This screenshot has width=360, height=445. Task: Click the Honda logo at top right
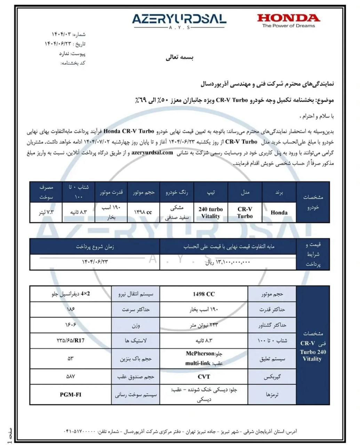pyautogui.click(x=288, y=18)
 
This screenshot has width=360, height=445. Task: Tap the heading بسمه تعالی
pyautogui.click(x=179, y=58)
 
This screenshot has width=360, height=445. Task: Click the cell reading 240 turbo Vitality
pyautogui.click(x=210, y=212)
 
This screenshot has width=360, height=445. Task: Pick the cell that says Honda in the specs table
pyautogui.click(x=279, y=212)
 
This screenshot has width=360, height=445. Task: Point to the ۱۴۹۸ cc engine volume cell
pyautogui.click(x=143, y=212)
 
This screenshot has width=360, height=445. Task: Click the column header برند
pyautogui.click(x=279, y=192)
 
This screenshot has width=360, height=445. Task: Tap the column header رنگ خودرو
pyautogui.click(x=177, y=192)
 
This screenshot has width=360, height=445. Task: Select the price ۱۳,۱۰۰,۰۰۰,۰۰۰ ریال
pyautogui.click(x=228, y=262)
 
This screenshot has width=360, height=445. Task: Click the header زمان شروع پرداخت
pyautogui.click(x=95, y=246)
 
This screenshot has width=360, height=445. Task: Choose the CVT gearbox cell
pyautogui.click(x=203, y=377)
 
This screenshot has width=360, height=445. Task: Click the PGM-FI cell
pyautogui.click(x=71, y=395)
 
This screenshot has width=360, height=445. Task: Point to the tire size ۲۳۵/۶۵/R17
pyautogui.click(x=71, y=340)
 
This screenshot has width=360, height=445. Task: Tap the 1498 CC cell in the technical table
pyautogui.click(x=203, y=294)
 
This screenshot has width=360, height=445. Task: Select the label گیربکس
pyautogui.click(x=272, y=377)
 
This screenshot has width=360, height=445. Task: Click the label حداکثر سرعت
pyautogui.click(x=136, y=309)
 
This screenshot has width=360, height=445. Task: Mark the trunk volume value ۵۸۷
pyautogui.click(x=71, y=377)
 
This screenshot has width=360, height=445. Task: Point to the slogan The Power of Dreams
pyautogui.click(x=288, y=26)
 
